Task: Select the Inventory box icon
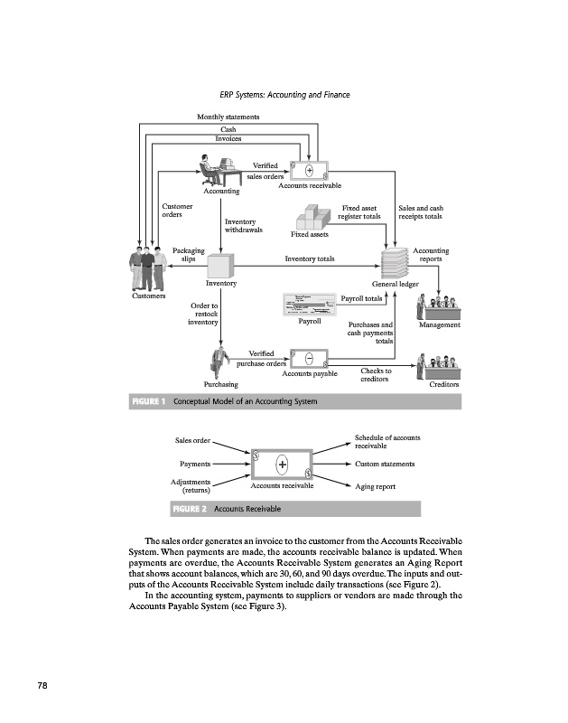click(x=220, y=267)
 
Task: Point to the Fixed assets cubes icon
click(x=312, y=218)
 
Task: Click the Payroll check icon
click(x=310, y=305)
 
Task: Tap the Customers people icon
click(x=149, y=268)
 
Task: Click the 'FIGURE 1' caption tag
click(x=149, y=401)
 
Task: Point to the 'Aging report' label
click(x=375, y=486)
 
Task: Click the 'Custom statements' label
click(x=385, y=464)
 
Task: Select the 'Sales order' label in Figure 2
click(x=192, y=441)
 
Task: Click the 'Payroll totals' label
click(x=361, y=297)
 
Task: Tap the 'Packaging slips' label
click(x=188, y=255)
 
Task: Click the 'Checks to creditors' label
click(x=376, y=375)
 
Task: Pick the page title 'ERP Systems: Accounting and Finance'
click(x=284, y=95)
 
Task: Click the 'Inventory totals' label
click(x=310, y=259)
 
